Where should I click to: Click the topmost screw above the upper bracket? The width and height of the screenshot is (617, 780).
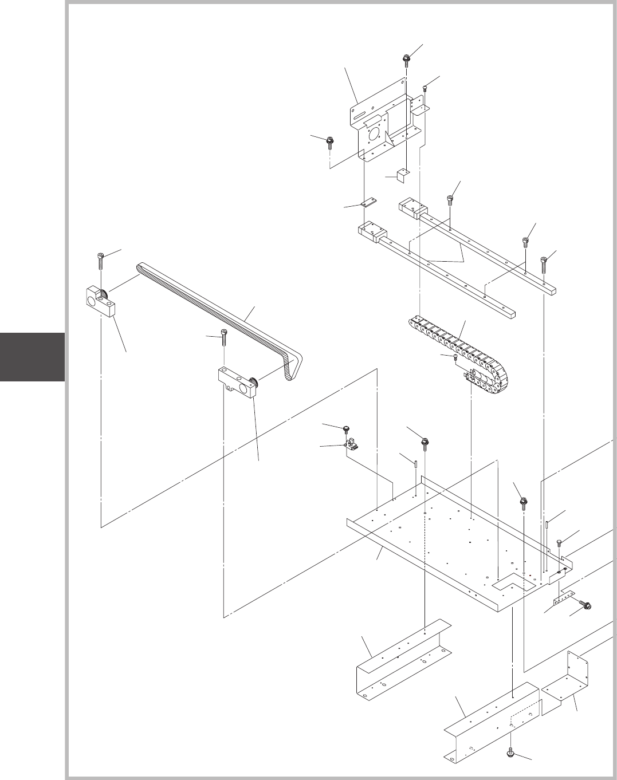[x=406, y=58]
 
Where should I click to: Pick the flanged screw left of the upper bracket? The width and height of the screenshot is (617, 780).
[x=330, y=141]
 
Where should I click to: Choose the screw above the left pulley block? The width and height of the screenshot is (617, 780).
[x=101, y=259]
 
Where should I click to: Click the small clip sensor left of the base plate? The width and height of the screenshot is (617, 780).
[x=351, y=445]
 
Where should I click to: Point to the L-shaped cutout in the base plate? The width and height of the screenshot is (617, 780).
[x=510, y=584]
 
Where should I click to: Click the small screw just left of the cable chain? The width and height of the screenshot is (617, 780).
[x=455, y=358]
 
